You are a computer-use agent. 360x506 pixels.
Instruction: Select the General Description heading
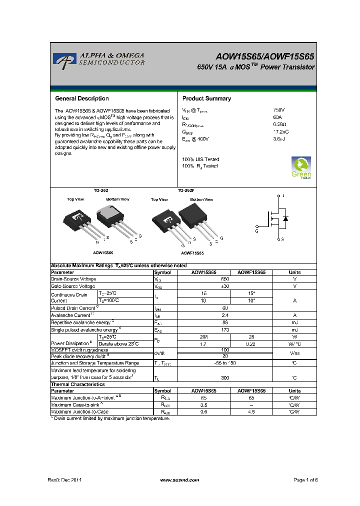pyautogui.click(x=82, y=98)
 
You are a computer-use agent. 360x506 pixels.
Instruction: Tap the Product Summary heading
pyautogui.click(x=206, y=98)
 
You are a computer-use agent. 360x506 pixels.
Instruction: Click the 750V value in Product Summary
pyautogui.click(x=279, y=110)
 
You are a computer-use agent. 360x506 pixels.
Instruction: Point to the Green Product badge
pyautogui.click(x=301, y=167)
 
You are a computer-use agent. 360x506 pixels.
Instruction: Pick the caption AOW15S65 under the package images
pyautogui.click(x=103, y=253)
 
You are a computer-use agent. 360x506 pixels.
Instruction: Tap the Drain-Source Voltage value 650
pyautogui.click(x=225, y=279)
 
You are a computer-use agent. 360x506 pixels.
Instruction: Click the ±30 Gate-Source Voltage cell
pyautogui.click(x=225, y=286)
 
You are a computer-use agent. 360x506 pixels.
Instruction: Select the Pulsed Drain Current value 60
pyautogui.click(x=225, y=308)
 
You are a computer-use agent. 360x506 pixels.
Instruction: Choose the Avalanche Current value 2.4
pyautogui.click(x=225, y=315)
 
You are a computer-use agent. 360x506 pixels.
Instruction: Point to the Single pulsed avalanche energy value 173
pyautogui.click(x=225, y=330)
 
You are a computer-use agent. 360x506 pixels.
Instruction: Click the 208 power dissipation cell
pyautogui.click(x=203, y=337)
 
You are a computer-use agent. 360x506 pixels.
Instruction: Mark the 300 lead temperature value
pyautogui.click(x=225, y=377)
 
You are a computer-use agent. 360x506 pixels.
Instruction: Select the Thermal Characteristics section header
pyautogui.click(x=78, y=384)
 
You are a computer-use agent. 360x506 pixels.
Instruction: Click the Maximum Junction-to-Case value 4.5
pyautogui.click(x=251, y=412)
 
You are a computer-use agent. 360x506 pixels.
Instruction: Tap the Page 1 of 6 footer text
pyautogui.click(x=305, y=480)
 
